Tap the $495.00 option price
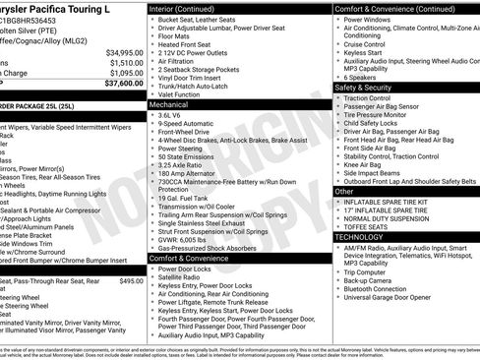pos(131,280)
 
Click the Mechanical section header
pos(169,103)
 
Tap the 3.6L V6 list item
pos(176,115)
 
